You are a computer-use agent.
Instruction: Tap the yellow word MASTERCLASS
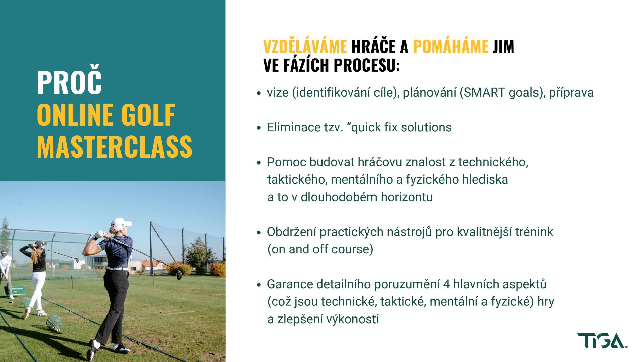[115, 147]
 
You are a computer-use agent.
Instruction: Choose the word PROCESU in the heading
[367, 65]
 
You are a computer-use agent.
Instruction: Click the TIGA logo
[602, 341]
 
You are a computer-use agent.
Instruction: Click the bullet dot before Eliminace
[259, 128]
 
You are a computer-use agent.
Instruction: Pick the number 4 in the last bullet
[446, 284]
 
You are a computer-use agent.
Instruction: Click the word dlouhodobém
[339, 197]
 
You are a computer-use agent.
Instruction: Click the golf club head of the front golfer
[179, 275]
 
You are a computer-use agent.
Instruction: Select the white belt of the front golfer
[117, 269]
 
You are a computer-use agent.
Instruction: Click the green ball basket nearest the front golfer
[54, 323]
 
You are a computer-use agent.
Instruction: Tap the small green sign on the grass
[15, 290]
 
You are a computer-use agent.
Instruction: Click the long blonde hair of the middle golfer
[36, 256]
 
